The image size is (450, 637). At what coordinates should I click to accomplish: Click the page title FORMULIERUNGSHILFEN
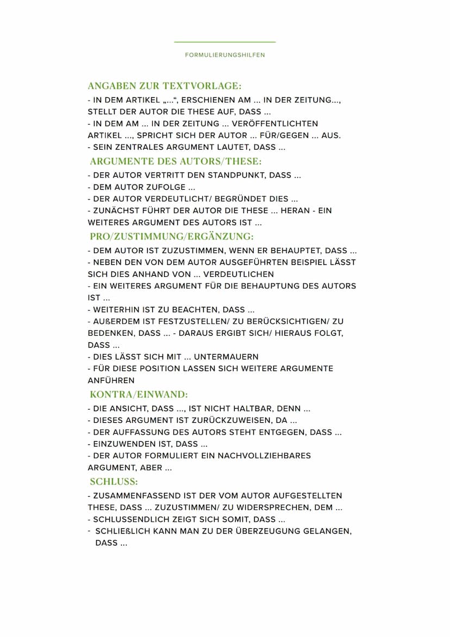pos(224,55)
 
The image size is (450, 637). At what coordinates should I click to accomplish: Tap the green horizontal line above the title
pos(224,42)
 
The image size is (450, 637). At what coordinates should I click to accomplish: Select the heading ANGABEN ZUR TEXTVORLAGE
pos(164,86)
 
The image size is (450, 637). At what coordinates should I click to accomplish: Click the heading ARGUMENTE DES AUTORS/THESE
pos(176,162)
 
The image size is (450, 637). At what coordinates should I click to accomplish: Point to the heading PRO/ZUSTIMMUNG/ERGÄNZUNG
pos(172,237)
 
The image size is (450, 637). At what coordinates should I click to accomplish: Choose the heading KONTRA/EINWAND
pos(139,394)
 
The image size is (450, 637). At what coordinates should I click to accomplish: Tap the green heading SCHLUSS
pos(114,482)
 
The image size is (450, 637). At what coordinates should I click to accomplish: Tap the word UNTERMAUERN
pos(226,357)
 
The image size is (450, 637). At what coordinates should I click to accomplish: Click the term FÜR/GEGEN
pos(285,135)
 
